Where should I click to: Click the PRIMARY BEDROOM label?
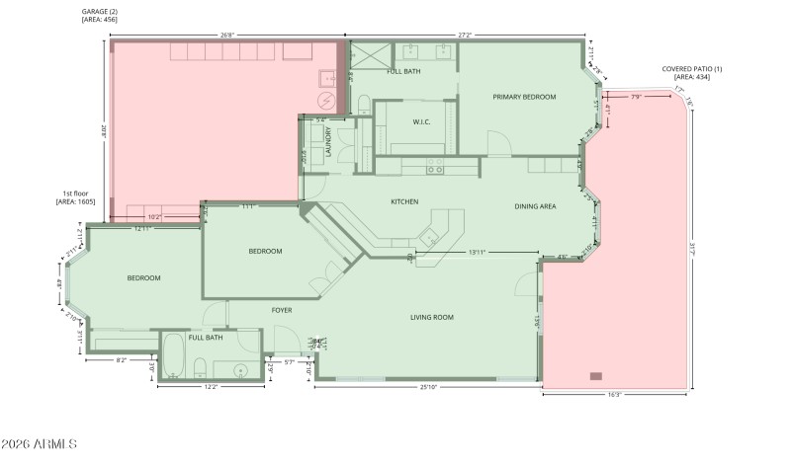pos(524,97)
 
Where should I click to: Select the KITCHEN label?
pos(404,201)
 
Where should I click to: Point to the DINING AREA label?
pos(535,206)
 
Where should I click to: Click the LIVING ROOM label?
pos(432,317)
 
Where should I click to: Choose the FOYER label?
pos(282,310)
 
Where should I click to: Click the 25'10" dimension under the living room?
pos(428,387)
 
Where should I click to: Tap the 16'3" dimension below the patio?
pos(614,395)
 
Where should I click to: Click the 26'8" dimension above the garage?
pos(227,36)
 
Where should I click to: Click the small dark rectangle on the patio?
pos(595,376)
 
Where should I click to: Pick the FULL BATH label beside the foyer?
pos(206,338)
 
